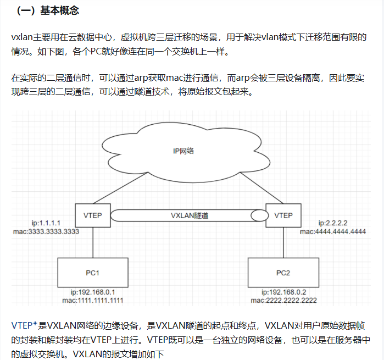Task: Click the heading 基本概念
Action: pyautogui.click(x=59, y=10)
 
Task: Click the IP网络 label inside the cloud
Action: pyautogui.click(x=183, y=151)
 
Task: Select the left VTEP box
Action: pyautogui.click(x=93, y=215)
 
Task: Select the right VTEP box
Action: pyautogui.click(x=283, y=215)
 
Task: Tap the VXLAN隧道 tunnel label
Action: pyautogui.click(x=190, y=215)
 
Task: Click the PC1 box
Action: pyautogui.click(x=93, y=273)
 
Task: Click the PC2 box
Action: pyautogui.click(x=283, y=273)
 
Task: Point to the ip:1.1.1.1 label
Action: pyautogui.click(x=46, y=223)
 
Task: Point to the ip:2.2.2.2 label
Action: pyautogui.click(x=333, y=223)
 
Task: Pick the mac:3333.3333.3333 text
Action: pyautogui.click(x=46, y=231)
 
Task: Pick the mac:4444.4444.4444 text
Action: pyautogui.click(x=333, y=231)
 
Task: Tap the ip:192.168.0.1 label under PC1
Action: pyautogui.click(x=93, y=292)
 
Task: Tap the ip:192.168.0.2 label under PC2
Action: pyautogui.click(x=284, y=292)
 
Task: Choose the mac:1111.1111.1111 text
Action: pyautogui.click(x=93, y=301)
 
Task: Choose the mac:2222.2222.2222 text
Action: pyautogui.click(x=284, y=301)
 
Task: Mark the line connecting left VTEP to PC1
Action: pyautogui.click(x=93, y=242)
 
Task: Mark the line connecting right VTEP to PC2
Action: pyautogui.click(x=283, y=242)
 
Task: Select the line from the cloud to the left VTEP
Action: pyautogui.click(x=120, y=188)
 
